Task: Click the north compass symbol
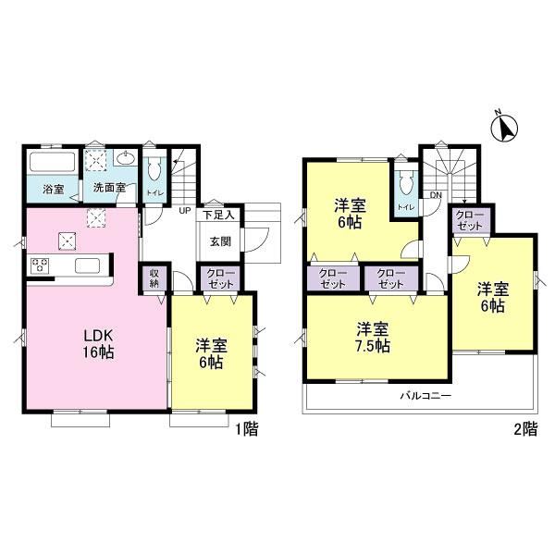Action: pos(505,128)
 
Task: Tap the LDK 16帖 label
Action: pos(98,343)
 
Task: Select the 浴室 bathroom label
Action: pos(54,190)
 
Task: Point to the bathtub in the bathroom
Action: pos(53,161)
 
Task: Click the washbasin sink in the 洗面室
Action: pos(125,158)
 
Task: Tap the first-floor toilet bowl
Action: pos(154,170)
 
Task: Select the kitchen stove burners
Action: pos(40,265)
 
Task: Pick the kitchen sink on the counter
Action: pos(88,265)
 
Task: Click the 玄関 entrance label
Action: pos(220,241)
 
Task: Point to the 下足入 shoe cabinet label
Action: pos(218,215)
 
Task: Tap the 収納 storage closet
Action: pos(154,278)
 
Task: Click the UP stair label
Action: pos(185,211)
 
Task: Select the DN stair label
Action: pos(436,195)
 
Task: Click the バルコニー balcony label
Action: pos(425,396)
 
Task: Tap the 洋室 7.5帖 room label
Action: pos(373,338)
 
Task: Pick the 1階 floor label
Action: pos(247,429)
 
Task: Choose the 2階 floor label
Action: pos(525,429)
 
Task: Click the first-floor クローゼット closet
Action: pos(220,278)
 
